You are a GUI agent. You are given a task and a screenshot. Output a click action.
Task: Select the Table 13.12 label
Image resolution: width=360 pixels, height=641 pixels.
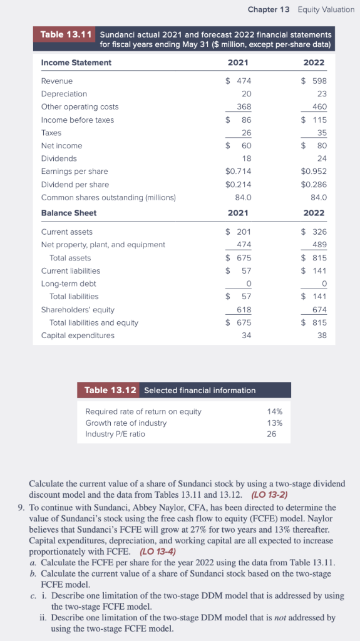click(x=109, y=390)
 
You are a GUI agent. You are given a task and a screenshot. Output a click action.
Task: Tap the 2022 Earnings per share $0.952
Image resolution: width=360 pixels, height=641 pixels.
click(x=314, y=172)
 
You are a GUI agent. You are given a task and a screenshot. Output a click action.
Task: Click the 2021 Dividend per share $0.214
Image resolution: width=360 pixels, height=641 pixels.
click(x=237, y=185)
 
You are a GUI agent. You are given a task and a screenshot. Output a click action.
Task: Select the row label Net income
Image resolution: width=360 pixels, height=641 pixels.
click(x=61, y=146)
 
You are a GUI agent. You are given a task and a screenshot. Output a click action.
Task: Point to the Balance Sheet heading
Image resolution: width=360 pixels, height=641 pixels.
click(x=69, y=213)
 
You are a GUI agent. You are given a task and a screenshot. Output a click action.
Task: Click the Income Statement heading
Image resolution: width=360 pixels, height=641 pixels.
click(x=76, y=63)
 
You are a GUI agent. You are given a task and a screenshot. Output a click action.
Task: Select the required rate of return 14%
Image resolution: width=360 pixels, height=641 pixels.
click(x=274, y=411)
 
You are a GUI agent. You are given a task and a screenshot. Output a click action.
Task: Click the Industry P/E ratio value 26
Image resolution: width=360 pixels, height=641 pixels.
click(x=271, y=434)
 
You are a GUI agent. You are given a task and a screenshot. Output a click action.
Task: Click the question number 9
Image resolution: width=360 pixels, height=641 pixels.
click(x=21, y=508)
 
